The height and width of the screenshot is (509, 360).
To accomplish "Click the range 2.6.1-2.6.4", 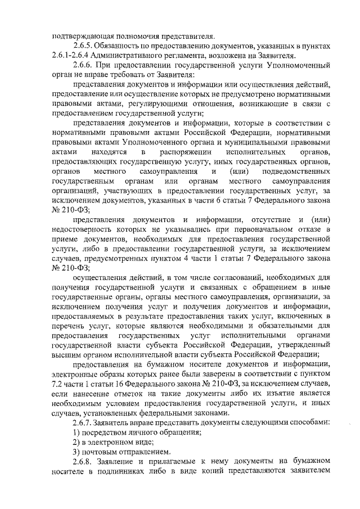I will point(70,55).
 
